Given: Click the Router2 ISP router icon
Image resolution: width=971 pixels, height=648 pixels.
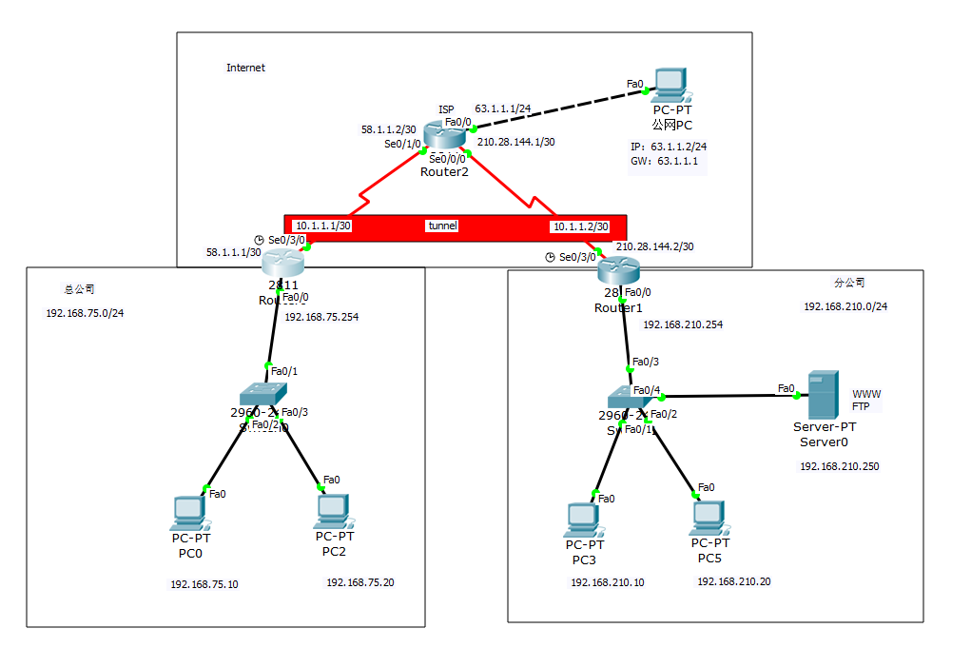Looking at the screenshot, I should tap(444, 137).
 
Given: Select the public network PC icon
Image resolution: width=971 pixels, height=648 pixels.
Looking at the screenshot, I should tap(671, 85).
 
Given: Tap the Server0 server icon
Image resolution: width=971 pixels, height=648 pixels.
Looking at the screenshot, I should tap(819, 395).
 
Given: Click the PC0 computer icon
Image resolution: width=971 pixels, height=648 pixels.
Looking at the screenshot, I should tap(187, 513).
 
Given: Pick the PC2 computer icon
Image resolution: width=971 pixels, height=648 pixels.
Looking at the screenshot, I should tap(330, 511).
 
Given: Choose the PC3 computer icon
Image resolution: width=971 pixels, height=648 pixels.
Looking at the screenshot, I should tap(581, 520).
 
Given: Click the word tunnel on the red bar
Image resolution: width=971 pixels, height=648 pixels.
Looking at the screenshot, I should tap(442, 226).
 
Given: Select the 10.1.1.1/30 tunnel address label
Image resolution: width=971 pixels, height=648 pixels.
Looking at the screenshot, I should tap(323, 226).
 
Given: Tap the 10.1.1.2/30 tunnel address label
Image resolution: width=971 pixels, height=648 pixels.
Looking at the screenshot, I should tap(581, 227).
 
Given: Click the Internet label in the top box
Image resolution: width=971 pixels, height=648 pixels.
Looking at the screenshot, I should tap(245, 68).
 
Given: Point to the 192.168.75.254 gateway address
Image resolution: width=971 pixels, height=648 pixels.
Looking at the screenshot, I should tap(321, 318).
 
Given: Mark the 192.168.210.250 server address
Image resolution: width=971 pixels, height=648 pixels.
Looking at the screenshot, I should tap(839, 466).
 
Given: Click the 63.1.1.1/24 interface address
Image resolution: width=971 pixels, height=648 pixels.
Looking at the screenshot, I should tap(502, 109).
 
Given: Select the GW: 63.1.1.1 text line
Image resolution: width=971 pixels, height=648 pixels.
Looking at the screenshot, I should tap(665, 161).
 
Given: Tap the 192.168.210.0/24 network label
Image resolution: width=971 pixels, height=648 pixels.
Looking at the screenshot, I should tap(845, 306).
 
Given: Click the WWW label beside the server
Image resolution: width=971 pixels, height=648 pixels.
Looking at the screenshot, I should tap(866, 394).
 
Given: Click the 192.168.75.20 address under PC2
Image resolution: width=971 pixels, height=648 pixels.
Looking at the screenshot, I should tap(359, 582).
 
